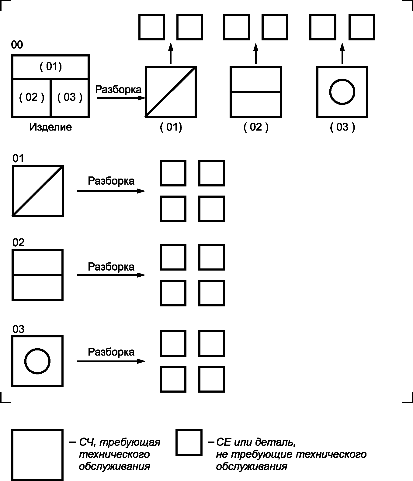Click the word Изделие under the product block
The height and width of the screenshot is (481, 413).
point(50,127)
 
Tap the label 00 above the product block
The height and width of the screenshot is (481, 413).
point(17,45)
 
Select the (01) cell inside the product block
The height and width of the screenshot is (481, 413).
point(50,67)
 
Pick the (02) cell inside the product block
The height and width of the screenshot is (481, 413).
point(31,97)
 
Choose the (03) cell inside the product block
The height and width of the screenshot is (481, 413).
point(70,97)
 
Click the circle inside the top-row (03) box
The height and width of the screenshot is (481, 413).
point(342,92)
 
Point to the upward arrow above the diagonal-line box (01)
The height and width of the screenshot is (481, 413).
point(171,54)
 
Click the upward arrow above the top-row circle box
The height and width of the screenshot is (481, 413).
point(342,54)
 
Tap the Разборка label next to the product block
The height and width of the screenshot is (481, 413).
point(118,90)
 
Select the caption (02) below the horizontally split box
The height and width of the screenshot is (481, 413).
point(256,127)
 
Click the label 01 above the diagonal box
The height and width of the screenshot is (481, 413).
point(18,159)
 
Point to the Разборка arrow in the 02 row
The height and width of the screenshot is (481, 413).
point(111,275)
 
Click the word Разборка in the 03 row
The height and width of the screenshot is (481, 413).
point(111,352)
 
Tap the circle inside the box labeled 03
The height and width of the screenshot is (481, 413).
point(37,361)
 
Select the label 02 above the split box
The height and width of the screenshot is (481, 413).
point(18,243)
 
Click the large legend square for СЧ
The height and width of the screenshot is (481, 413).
point(37,454)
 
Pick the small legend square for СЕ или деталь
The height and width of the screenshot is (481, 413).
point(189,442)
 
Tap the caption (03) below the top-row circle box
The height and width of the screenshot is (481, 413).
point(342,127)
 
